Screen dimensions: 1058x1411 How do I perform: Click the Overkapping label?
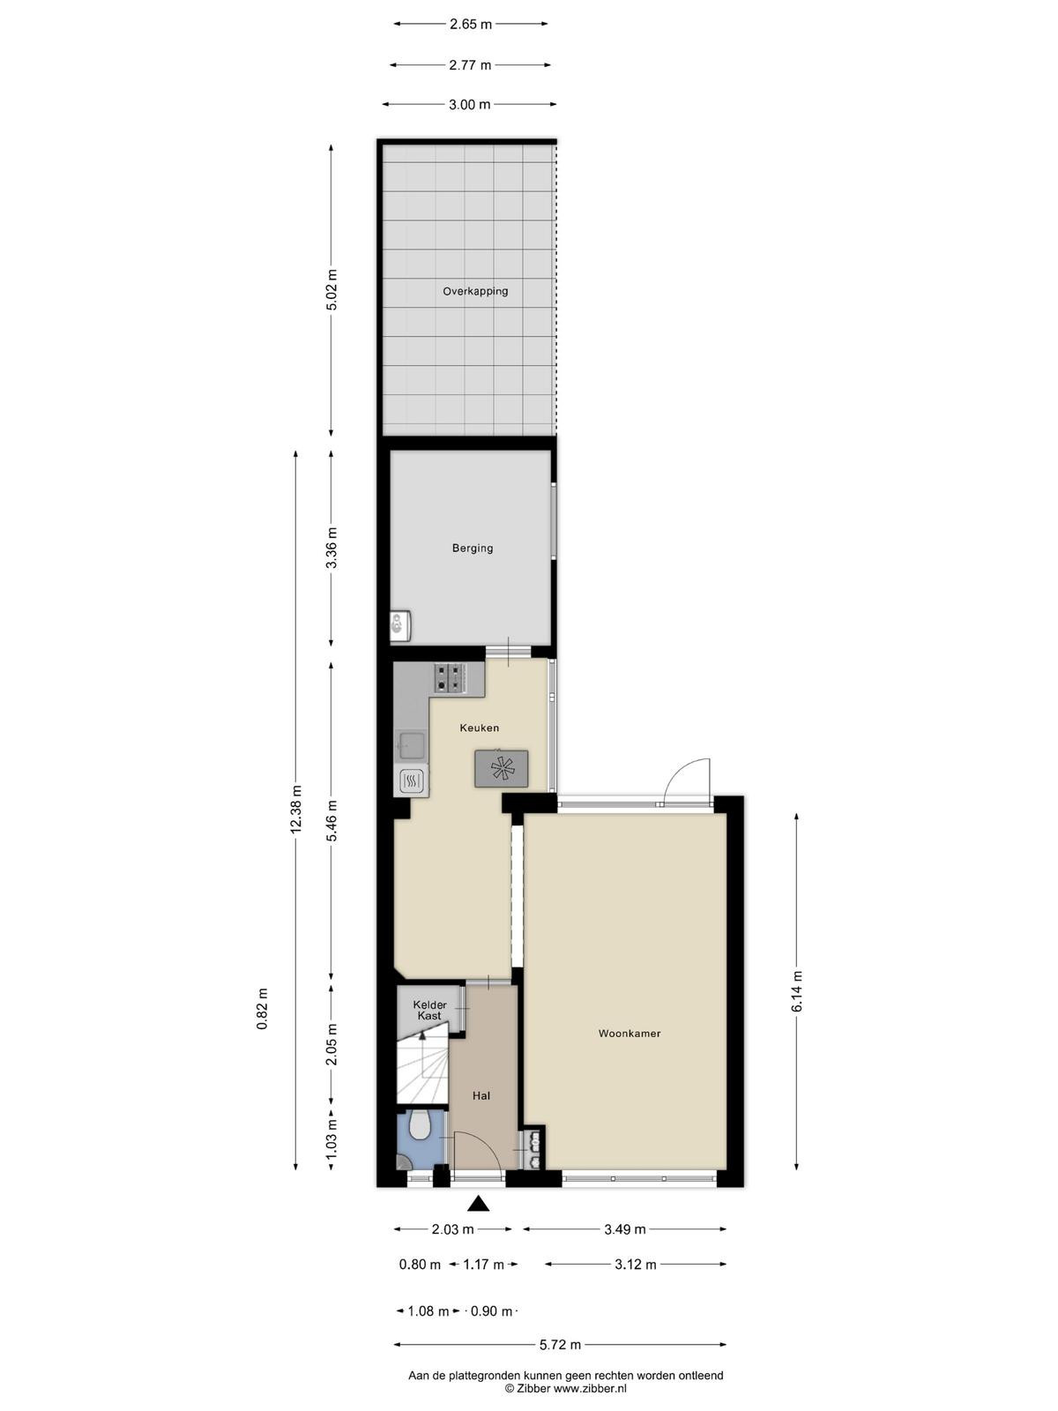474,291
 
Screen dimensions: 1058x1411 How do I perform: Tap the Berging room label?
473,549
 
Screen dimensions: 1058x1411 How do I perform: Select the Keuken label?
480,728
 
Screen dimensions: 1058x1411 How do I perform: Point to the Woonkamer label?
630,1034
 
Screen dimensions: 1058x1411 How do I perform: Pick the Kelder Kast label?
429,1010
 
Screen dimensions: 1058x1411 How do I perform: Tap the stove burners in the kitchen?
450,678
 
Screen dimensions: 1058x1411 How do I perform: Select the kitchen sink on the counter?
411,746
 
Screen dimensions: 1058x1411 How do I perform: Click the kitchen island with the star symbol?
502,769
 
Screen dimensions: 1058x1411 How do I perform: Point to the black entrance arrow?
477,1204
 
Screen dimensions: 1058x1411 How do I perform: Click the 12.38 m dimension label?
295,810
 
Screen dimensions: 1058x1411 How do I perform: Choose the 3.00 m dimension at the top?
470,104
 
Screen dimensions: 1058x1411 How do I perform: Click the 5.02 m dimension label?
332,290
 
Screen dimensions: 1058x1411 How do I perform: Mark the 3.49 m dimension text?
624,1229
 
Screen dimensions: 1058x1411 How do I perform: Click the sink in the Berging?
401,625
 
